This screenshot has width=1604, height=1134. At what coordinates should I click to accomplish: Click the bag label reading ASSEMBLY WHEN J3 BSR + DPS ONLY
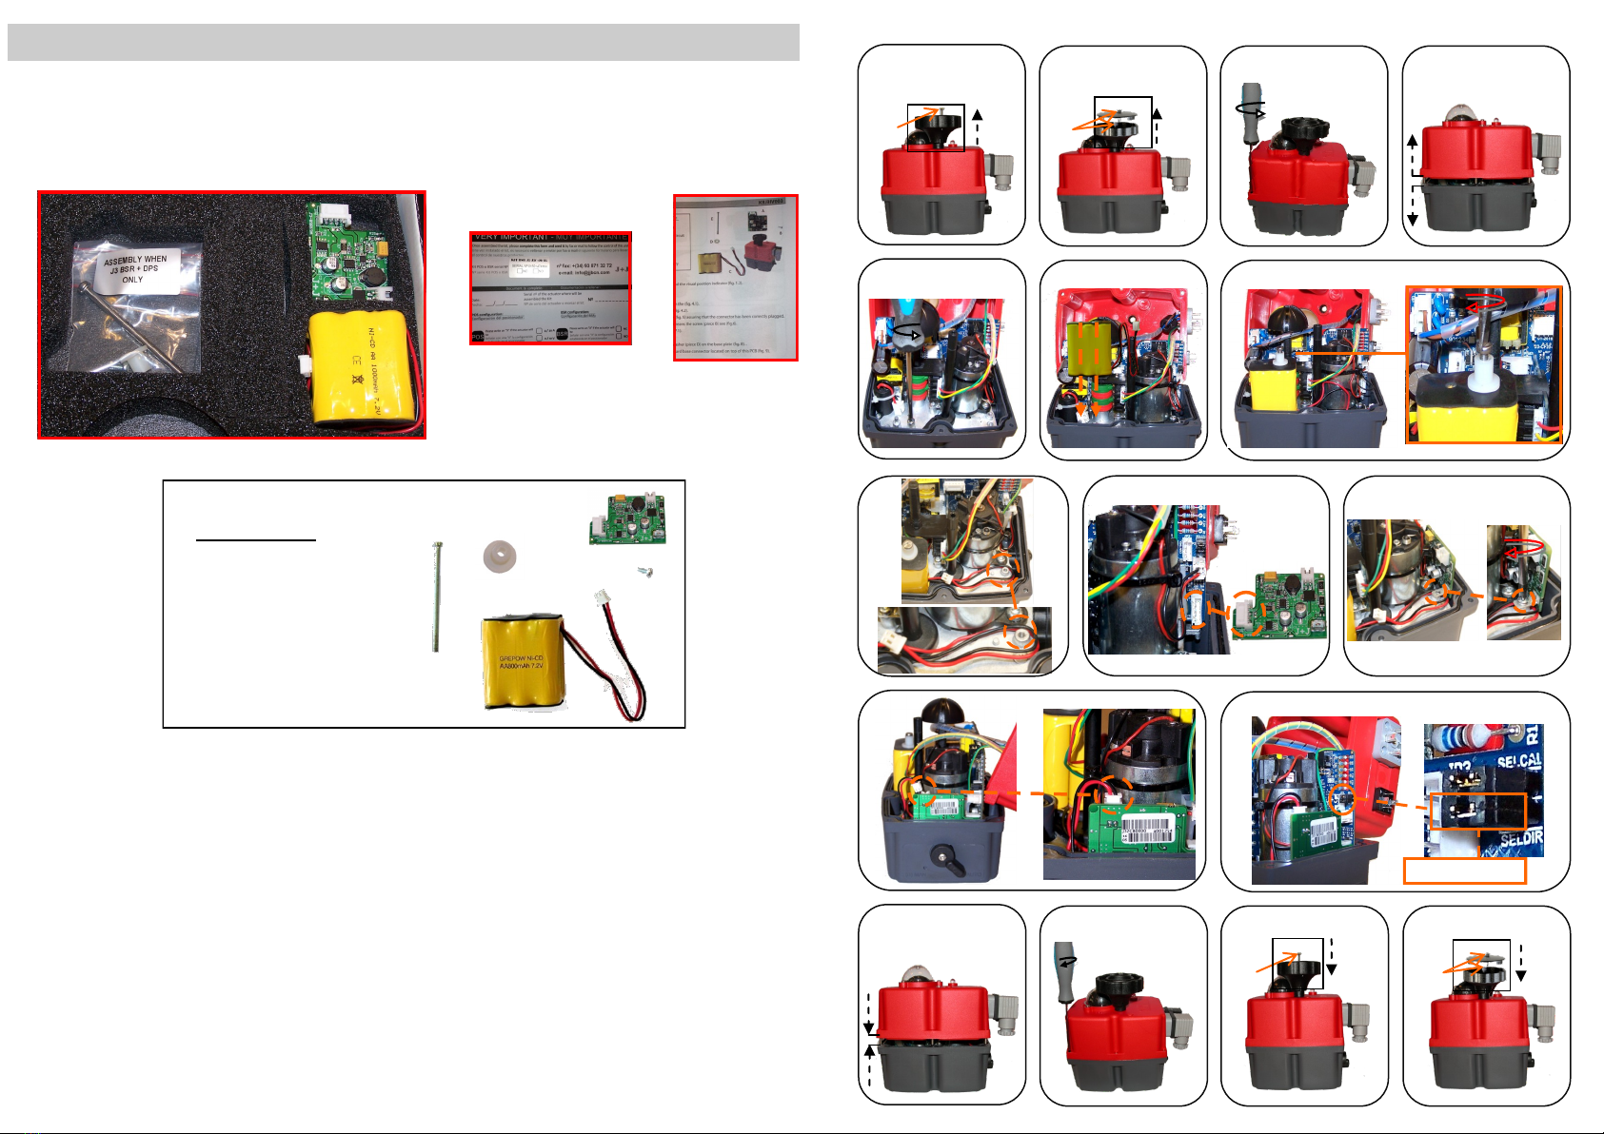pos(135,268)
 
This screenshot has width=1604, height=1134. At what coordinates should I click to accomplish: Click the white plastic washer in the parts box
pos(499,556)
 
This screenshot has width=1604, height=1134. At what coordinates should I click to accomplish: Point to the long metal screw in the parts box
pos(435,596)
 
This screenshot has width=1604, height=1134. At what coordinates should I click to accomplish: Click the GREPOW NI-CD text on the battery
pos(521,658)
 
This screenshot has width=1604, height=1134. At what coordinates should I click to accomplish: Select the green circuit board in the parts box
pos(626,518)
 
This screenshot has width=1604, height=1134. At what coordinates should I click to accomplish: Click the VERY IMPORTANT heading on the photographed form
pos(550,237)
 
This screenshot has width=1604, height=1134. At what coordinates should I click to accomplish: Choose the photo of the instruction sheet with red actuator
pos(735,277)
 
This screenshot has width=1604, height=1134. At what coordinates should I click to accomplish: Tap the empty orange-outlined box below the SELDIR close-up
pos(1465,870)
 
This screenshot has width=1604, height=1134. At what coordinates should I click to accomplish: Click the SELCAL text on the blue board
pos(1519,763)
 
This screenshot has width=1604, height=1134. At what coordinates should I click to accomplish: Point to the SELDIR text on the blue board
pos(1519,841)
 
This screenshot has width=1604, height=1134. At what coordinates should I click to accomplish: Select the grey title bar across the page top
pos(403,43)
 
